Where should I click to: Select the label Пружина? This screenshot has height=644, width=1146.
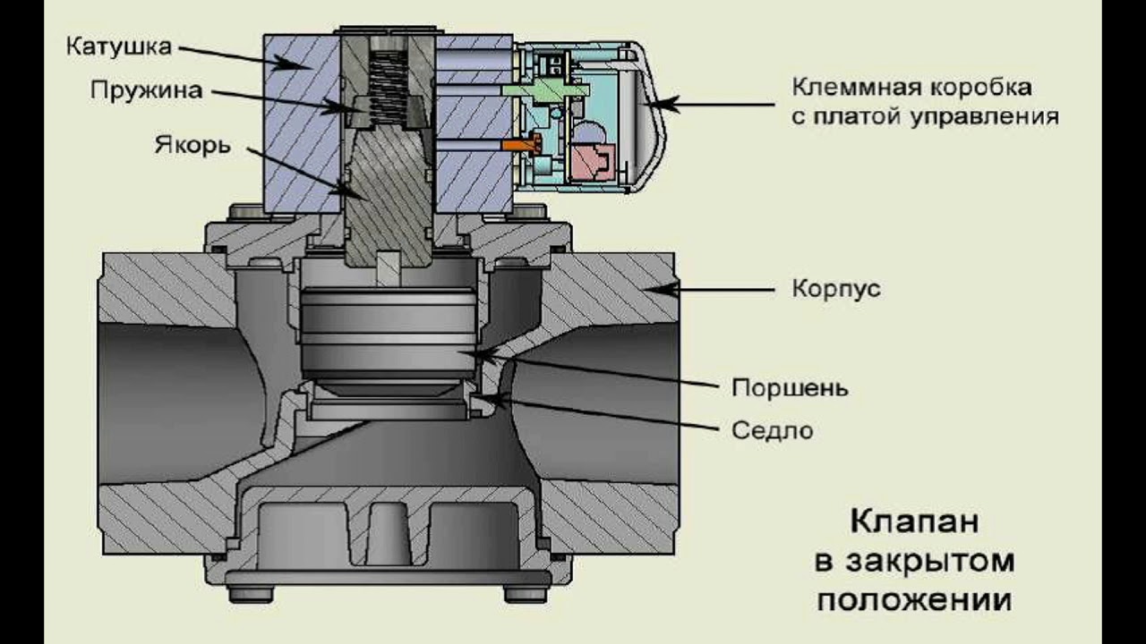pyautogui.click(x=146, y=90)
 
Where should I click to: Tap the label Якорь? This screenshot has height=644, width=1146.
pyautogui.click(x=193, y=145)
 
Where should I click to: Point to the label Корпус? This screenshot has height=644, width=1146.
pyautogui.click(x=836, y=289)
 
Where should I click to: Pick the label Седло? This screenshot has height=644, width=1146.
pyautogui.click(x=773, y=430)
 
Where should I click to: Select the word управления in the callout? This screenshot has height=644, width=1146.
pyautogui.click(x=986, y=116)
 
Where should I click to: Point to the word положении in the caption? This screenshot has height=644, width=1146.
pyautogui.click(x=913, y=598)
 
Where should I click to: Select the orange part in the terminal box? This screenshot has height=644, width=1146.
pyautogui.click(x=518, y=142)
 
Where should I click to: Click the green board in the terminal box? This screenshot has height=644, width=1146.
pyautogui.click(x=537, y=89)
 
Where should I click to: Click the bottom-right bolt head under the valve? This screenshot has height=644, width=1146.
pyautogui.click(x=525, y=594)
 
